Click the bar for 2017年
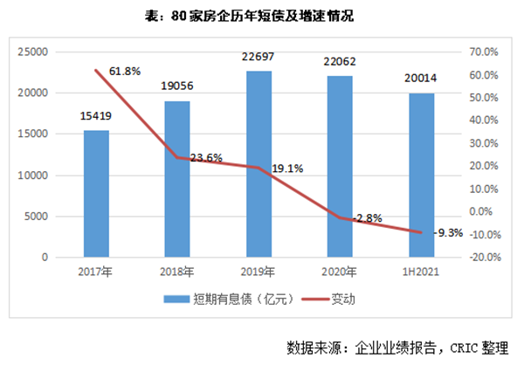pos(96,194)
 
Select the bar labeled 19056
pos(176,179)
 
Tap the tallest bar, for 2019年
pos(258,164)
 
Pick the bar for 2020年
pos(339,167)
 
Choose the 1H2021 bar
pos(420,175)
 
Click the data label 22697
pos(258,60)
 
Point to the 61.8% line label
pos(125,69)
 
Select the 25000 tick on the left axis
pos(33,52)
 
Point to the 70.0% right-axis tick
pos(486,52)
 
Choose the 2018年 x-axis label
pos(176,272)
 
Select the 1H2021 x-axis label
pos(420,272)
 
